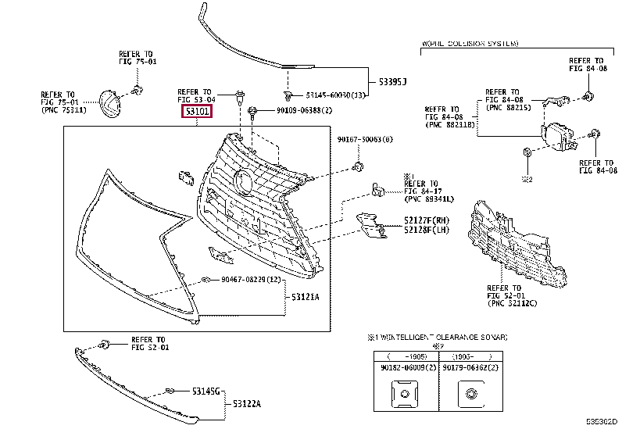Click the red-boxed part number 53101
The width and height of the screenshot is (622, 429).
[x=197, y=113]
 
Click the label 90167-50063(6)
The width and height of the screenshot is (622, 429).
[x=365, y=139]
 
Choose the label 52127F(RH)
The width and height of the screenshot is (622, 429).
[x=425, y=220]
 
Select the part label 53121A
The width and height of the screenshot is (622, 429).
[x=306, y=298]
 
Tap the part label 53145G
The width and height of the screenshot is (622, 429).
[x=207, y=390]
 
